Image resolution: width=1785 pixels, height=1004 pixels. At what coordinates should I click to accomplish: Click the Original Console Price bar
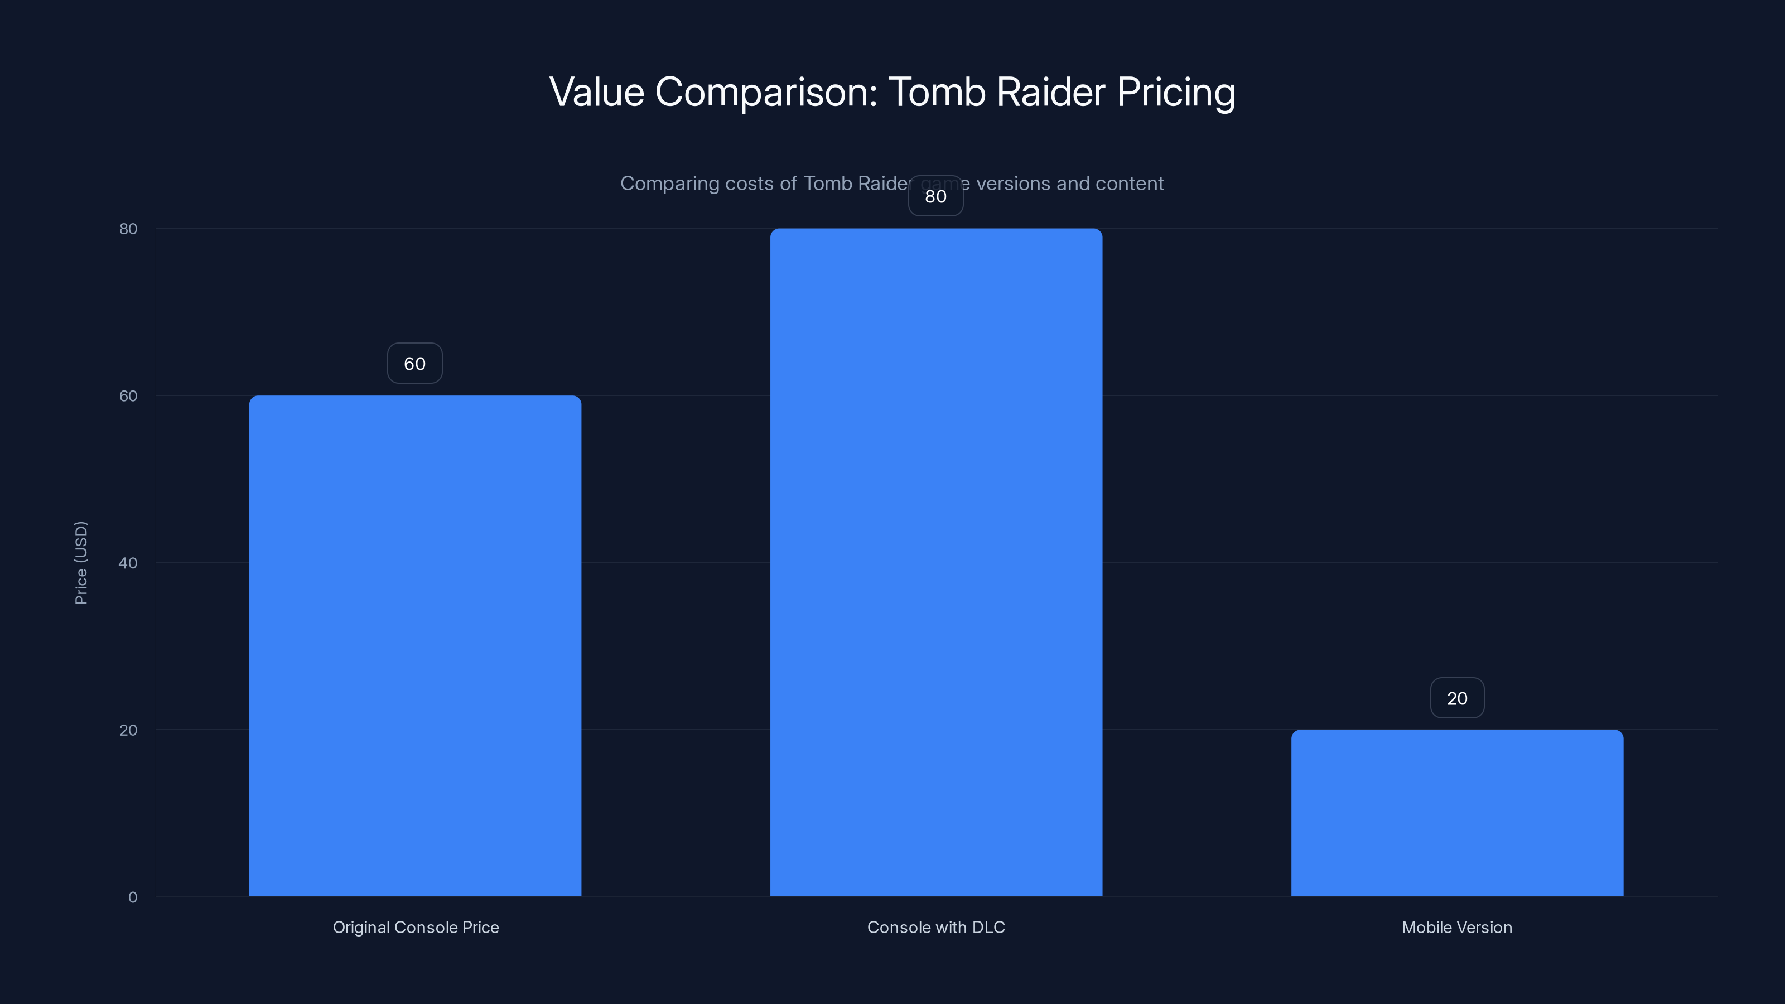click(x=415, y=646)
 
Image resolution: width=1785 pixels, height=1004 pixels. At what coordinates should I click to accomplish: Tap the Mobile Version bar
click(x=1456, y=813)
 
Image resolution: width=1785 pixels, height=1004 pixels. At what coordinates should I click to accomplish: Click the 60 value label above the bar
click(x=414, y=364)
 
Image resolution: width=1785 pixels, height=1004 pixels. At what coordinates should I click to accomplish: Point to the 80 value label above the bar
click(x=935, y=197)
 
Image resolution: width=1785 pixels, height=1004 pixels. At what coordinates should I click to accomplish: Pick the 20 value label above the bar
click(x=1456, y=698)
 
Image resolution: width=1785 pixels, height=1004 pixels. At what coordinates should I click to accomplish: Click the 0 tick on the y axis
click(x=132, y=897)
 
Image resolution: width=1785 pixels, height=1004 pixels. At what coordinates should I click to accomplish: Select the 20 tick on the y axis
click(x=128, y=730)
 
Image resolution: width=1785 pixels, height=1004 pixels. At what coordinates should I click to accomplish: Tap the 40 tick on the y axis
click(x=128, y=563)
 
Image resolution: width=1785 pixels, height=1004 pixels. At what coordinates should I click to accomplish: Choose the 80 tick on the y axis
click(x=128, y=229)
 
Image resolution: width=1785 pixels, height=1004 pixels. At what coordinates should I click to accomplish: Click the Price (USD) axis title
click(x=81, y=563)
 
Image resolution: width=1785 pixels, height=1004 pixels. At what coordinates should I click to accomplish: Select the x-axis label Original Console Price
click(x=416, y=928)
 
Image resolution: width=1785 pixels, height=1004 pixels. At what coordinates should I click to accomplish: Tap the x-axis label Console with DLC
click(x=936, y=928)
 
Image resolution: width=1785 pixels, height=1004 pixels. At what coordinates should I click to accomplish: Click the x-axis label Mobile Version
click(x=1456, y=928)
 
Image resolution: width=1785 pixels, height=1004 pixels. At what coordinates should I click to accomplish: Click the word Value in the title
click(x=597, y=92)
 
